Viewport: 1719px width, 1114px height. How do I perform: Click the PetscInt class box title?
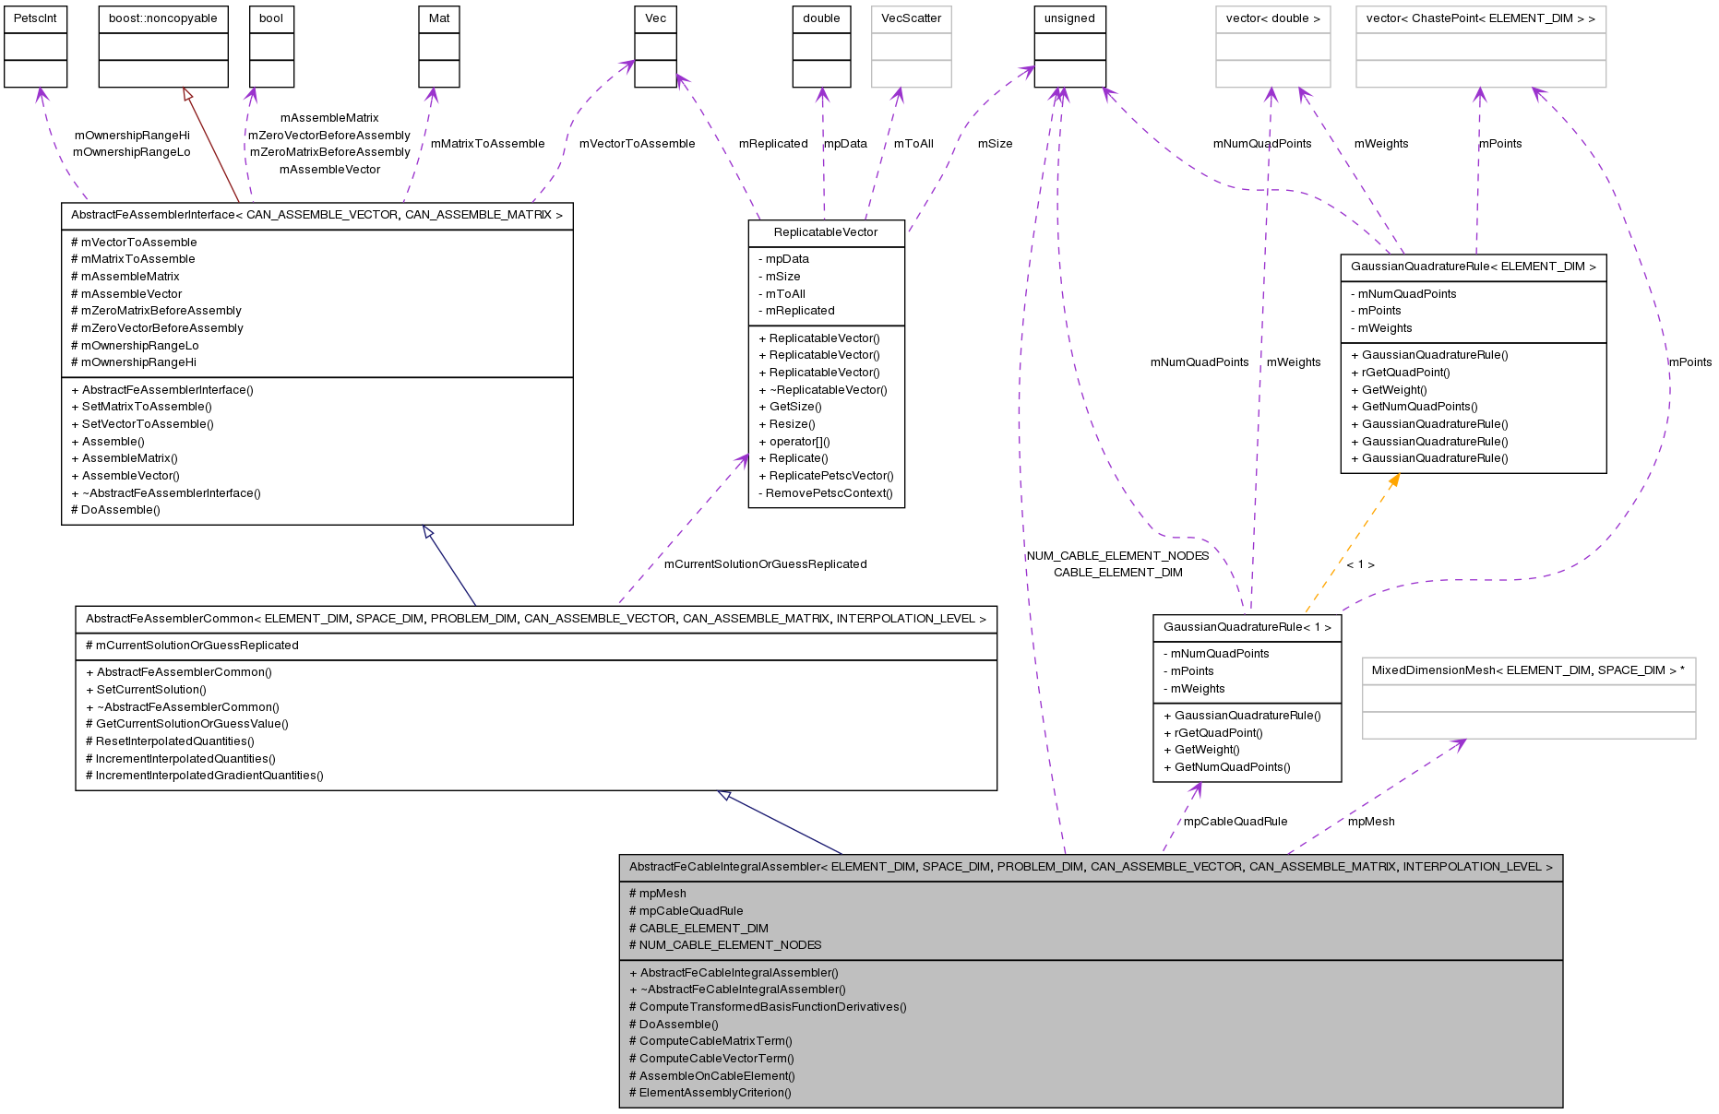[35, 18]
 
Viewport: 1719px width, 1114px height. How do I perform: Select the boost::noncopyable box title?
[163, 18]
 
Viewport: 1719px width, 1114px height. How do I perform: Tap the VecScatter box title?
[911, 18]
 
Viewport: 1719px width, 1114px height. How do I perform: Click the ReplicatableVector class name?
[826, 232]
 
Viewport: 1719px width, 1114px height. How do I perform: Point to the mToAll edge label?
[913, 144]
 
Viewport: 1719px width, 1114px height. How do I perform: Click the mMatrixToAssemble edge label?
[487, 144]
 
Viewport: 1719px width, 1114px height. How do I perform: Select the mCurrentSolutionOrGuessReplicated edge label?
[765, 564]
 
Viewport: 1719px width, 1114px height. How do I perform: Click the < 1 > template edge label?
[1360, 564]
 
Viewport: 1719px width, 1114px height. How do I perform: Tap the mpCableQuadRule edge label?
[1235, 822]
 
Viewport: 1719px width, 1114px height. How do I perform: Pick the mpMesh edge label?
[1371, 822]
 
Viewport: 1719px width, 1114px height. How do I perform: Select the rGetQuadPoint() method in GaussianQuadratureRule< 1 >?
[1218, 733]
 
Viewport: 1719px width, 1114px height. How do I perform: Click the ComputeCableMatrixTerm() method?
[715, 1041]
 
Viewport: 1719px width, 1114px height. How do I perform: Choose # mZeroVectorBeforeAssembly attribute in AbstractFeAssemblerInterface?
[157, 328]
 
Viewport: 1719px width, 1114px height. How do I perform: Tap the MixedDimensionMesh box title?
[1528, 670]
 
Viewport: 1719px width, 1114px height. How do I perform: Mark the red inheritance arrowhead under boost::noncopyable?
[187, 94]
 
